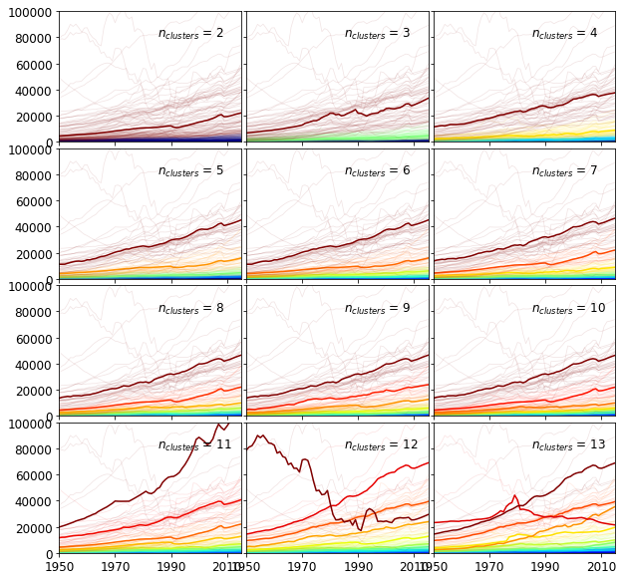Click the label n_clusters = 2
190,34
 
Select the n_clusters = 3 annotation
377,34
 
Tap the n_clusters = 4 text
564,34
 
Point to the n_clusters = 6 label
377,171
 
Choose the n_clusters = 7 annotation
564,171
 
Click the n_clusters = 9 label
377,309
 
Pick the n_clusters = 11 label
194,445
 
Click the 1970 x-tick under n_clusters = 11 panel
115,566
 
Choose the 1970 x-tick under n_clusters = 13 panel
488,566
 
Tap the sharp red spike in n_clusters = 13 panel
514,496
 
